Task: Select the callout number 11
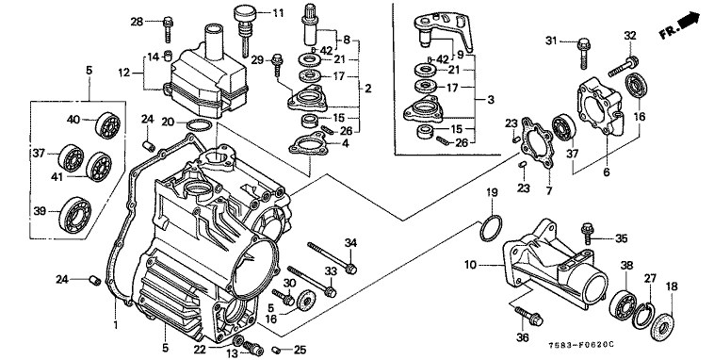277,13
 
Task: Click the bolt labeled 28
168,28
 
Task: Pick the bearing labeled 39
74,211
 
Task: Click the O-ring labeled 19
491,227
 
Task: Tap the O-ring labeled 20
200,124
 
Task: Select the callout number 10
471,264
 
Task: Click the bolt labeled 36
528,316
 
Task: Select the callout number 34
350,243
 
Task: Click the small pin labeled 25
276,350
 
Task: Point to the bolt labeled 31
583,54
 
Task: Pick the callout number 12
123,73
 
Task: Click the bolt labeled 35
588,233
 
